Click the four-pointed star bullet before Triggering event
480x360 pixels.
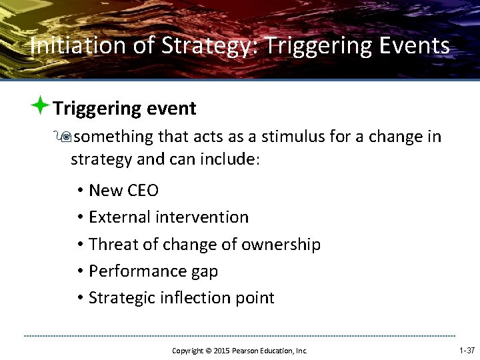pyautogui.click(x=41, y=106)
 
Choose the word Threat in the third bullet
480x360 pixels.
pyautogui.click(x=113, y=245)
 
